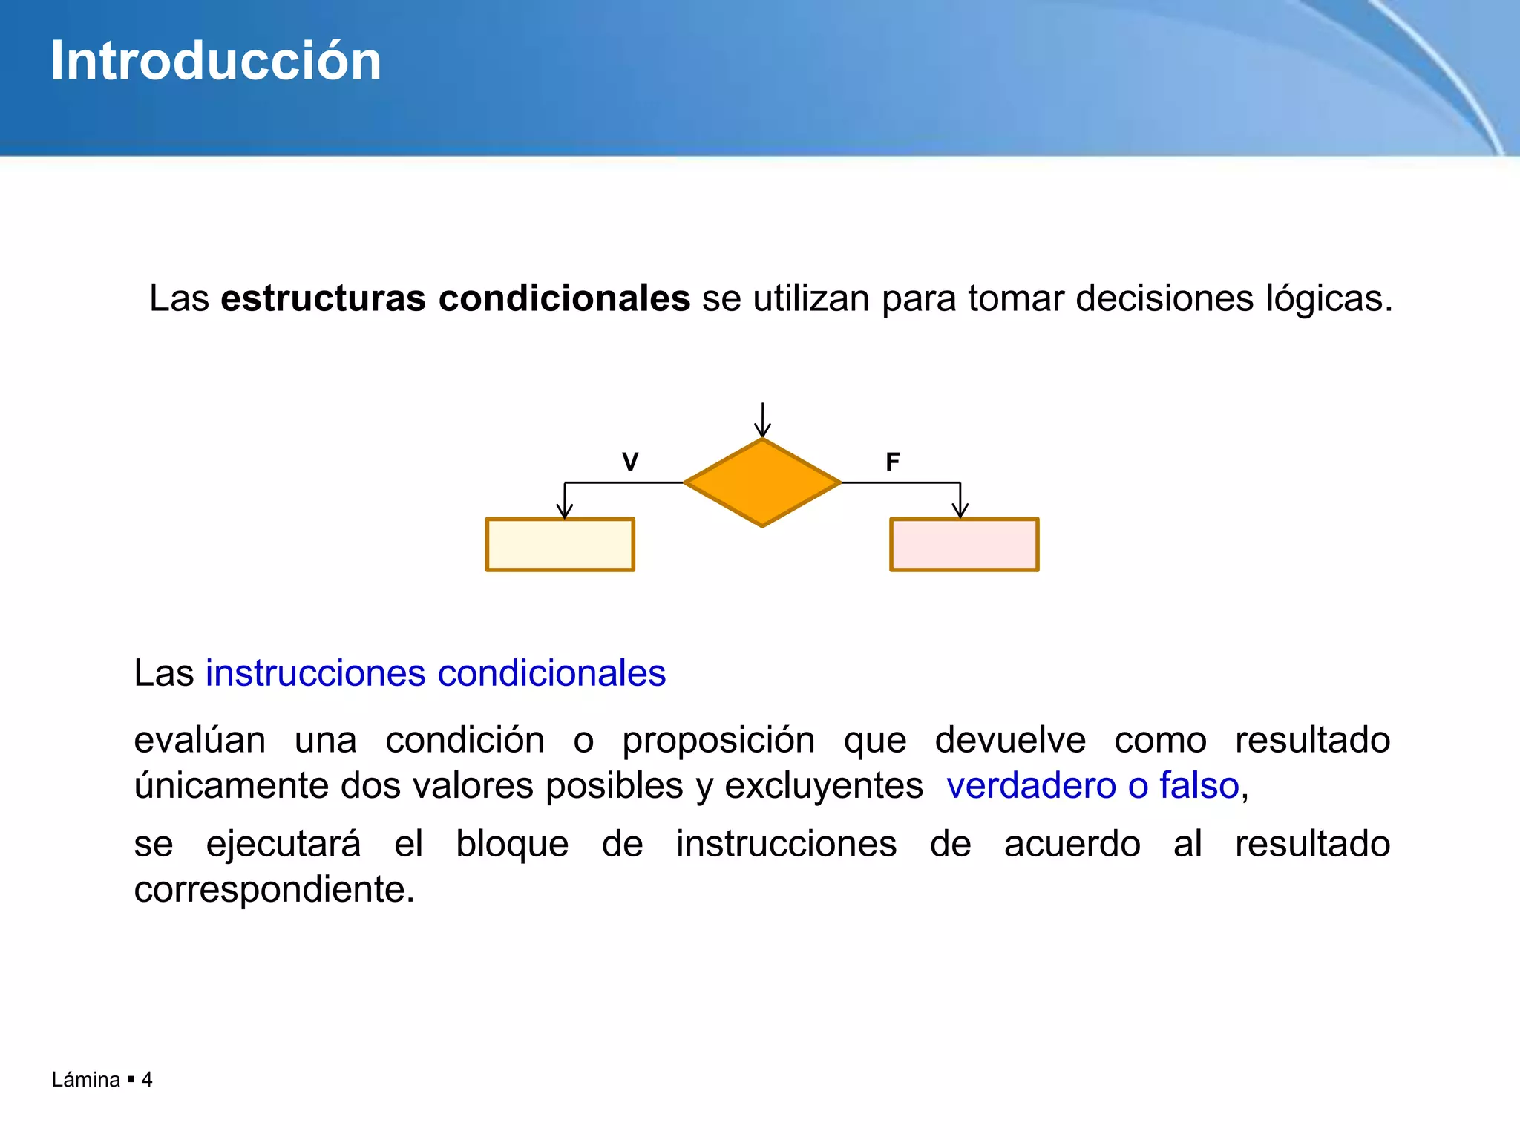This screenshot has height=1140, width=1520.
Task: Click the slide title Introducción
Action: point(215,61)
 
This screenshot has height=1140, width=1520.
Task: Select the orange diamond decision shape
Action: point(762,483)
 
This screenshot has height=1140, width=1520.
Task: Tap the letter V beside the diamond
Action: point(630,462)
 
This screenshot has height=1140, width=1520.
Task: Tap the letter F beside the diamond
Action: point(893,462)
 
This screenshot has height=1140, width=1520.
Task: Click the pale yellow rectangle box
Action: point(560,545)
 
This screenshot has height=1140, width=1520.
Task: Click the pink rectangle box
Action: point(964,545)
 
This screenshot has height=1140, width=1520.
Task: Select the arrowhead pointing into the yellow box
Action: point(565,511)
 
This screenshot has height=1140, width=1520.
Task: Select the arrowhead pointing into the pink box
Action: point(960,511)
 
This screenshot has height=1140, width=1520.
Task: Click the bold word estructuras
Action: point(323,298)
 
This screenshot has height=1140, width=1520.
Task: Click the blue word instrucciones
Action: point(315,673)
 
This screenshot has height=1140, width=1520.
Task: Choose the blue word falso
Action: point(1199,785)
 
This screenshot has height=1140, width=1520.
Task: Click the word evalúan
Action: point(200,740)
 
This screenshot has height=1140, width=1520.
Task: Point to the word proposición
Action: point(718,740)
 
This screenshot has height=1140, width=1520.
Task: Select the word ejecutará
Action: point(284,844)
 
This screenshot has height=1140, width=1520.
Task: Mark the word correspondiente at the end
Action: point(273,889)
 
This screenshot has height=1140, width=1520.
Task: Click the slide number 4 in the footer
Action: point(147,1079)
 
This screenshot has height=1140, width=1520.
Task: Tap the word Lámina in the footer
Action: point(85,1079)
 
